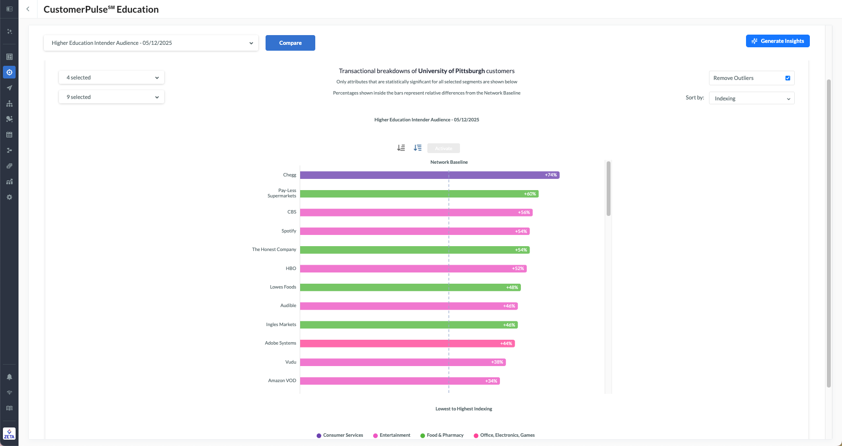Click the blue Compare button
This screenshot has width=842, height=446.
290,43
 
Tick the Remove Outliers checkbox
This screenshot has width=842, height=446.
787,78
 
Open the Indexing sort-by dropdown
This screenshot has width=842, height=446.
751,98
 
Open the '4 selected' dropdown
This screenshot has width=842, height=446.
112,78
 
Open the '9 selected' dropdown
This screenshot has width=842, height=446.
112,97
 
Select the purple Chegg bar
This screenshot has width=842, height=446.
429,175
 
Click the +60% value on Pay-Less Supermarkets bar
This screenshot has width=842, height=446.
530,194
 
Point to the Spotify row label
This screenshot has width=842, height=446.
288,231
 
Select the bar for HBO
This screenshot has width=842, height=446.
413,269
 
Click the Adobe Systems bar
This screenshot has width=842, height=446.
407,344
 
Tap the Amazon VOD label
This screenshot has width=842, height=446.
282,381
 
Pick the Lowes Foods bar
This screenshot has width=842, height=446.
410,288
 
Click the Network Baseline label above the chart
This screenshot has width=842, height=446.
449,162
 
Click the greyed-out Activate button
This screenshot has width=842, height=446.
443,148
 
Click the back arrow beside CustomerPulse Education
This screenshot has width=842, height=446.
28,9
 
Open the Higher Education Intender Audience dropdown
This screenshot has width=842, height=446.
151,43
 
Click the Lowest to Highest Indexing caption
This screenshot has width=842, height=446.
463,409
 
